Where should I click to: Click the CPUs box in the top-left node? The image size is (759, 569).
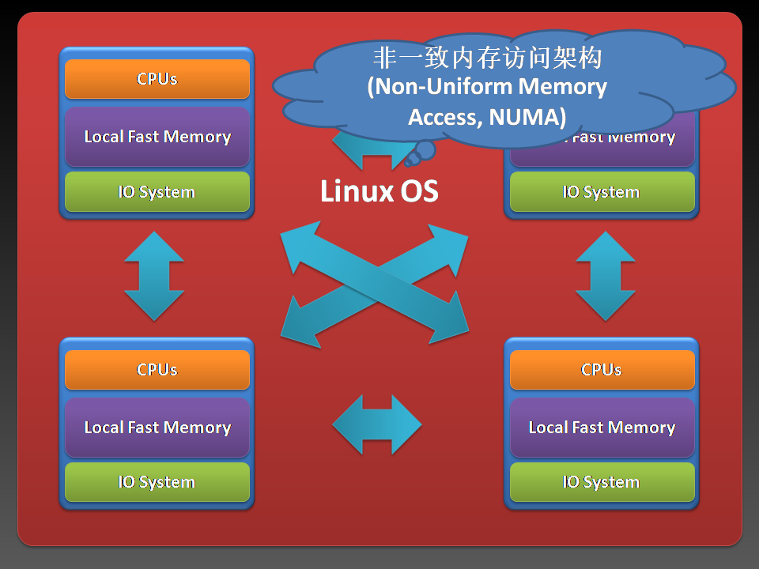[x=157, y=79]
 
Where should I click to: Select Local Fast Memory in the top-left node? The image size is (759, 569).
[x=157, y=137]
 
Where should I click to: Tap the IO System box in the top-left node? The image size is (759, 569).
[x=157, y=192]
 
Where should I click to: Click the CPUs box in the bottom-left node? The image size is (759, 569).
[x=157, y=370]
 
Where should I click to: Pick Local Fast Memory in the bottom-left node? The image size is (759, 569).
[x=157, y=428]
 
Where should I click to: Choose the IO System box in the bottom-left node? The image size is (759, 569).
[x=157, y=482]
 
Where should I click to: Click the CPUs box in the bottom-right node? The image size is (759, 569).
[x=602, y=370]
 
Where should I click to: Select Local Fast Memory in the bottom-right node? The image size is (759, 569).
[x=602, y=428]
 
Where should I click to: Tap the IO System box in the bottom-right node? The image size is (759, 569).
[x=602, y=482]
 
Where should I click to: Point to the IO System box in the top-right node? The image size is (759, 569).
[x=602, y=192]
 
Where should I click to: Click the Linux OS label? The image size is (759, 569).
[x=379, y=191]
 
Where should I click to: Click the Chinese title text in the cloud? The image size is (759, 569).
[x=487, y=58]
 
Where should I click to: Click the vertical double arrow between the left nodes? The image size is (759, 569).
[x=155, y=276]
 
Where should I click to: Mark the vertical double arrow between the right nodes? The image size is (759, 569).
[x=606, y=276]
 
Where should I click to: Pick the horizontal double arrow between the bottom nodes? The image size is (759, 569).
[x=377, y=425]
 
